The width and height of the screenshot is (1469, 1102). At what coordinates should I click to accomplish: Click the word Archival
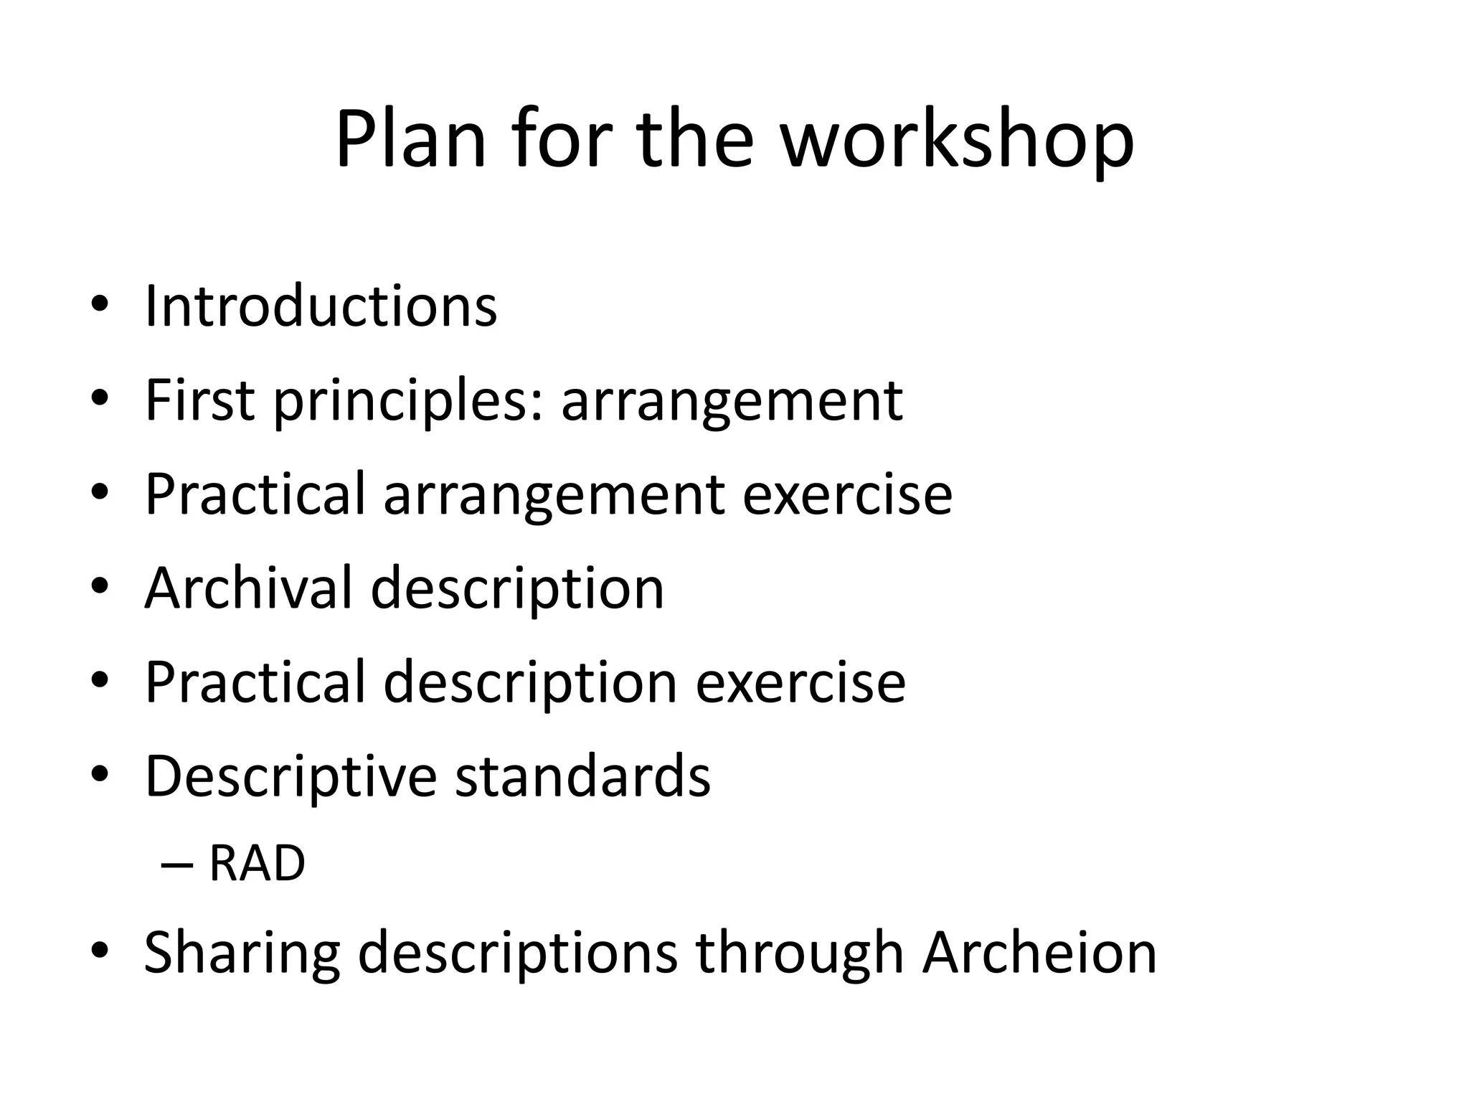[248, 588]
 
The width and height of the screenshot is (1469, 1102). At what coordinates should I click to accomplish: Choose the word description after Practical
[530, 683]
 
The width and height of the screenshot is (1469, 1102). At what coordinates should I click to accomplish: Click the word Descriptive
[291, 777]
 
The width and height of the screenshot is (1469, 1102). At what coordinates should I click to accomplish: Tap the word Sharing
[242, 953]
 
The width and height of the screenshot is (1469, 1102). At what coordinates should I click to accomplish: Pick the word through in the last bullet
[799, 953]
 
